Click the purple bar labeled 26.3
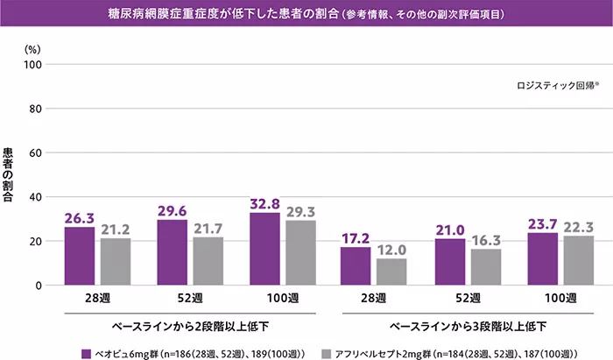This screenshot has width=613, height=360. [x=80, y=256]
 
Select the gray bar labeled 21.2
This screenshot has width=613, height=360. [x=115, y=261]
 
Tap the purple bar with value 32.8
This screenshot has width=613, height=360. [x=264, y=249]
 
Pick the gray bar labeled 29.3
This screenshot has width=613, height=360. [x=300, y=252]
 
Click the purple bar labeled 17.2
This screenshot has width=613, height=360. [x=356, y=265]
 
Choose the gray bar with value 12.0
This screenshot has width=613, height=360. [x=391, y=272]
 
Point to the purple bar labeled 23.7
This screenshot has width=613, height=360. [x=542, y=258]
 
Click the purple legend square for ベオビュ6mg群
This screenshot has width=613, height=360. [x=86, y=353]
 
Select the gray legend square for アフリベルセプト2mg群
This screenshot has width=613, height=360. [x=326, y=353]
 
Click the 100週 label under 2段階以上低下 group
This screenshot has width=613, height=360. [x=282, y=298]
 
